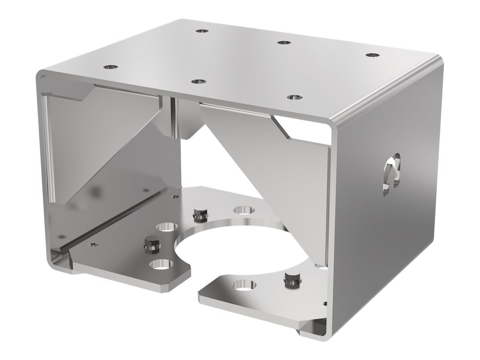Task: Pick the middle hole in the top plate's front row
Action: pos(198,81)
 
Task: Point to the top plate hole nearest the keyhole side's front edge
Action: pos(295,97)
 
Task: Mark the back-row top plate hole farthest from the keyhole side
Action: pos(200,30)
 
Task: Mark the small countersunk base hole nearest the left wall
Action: pos(93,244)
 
